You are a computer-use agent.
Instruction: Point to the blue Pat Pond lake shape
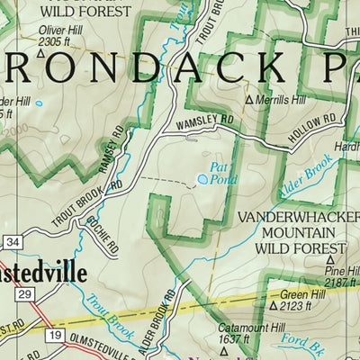[203, 180]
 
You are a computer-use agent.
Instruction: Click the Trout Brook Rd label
[87, 203]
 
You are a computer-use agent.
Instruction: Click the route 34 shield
[11, 242]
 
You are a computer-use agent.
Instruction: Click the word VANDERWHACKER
[291, 218]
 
